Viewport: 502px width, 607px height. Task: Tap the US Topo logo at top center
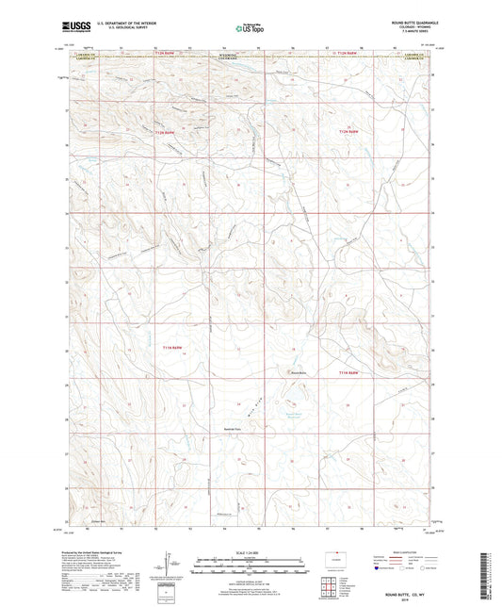(x=251, y=29)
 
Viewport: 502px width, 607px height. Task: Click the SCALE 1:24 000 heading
(x=251, y=551)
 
